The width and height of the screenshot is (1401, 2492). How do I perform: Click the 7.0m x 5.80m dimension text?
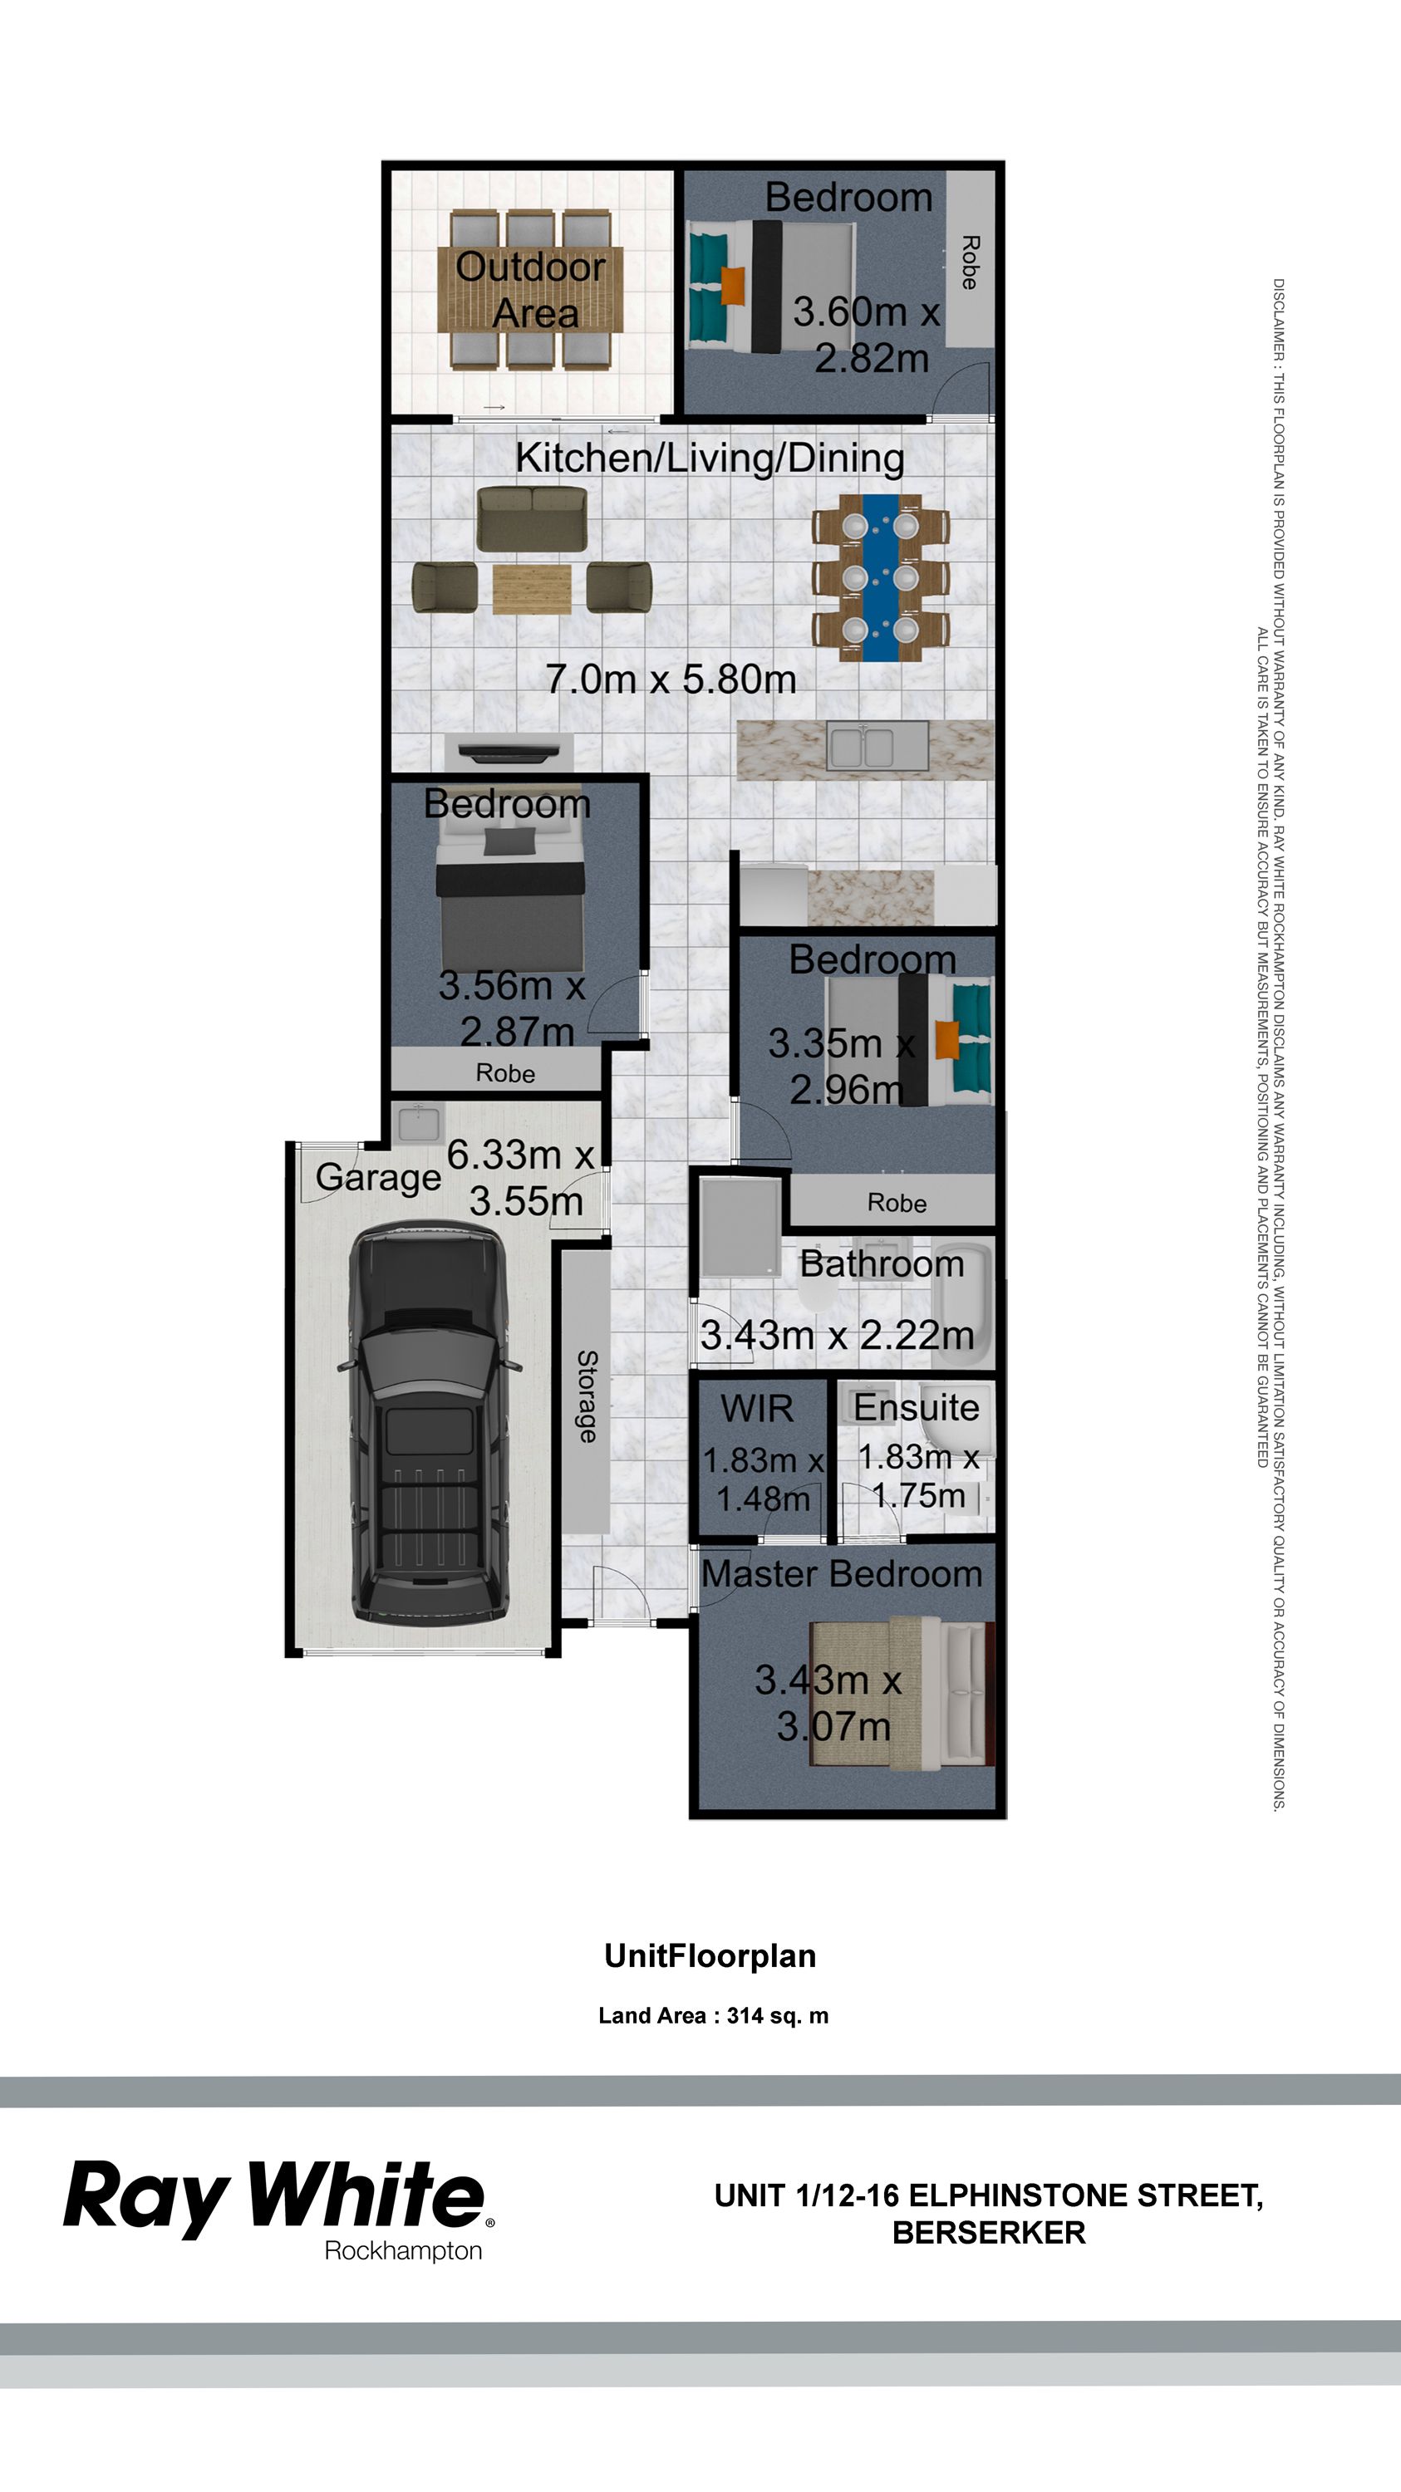point(671,679)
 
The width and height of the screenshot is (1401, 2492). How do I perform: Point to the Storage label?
point(587,1396)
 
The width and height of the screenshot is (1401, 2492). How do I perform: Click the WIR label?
point(757,1409)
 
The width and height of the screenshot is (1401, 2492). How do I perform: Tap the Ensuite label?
point(915,1407)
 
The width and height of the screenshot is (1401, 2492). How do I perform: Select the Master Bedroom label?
point(841,1574)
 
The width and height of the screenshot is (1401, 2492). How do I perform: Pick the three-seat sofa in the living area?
point(532,518)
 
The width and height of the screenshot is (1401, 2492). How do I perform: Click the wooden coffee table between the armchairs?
point(531,589)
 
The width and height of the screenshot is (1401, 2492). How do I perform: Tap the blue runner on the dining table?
point(879,577)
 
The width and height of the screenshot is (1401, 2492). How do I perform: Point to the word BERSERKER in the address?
point(988,2232)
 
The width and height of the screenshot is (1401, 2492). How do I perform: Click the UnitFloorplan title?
point(710,1955)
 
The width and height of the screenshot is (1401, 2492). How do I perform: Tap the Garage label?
point(378,1177)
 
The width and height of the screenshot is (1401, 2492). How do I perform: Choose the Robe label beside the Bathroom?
point(896,1203)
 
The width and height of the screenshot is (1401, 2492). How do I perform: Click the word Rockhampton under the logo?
point(402,2250)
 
